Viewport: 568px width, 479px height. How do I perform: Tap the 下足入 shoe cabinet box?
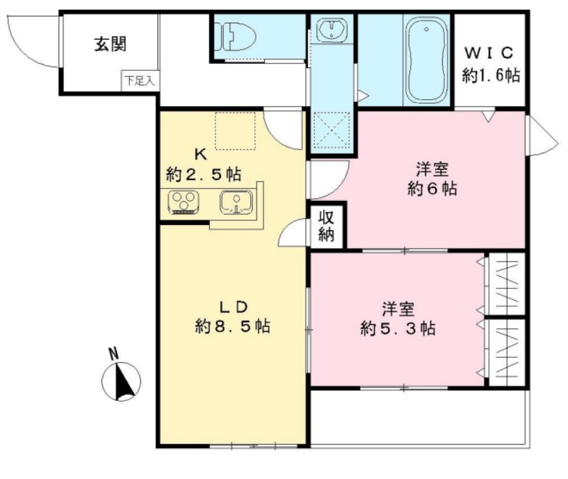(x=140, y=81)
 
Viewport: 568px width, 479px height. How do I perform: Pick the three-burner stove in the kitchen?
(x=184, y=202)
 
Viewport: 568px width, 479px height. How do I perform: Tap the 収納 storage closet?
(x=327, y=225)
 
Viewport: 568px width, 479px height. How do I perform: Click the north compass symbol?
(x=122, y=381)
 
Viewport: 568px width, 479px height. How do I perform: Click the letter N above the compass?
(x=114, y=354)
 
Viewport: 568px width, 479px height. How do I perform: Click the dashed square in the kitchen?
(x=235, y=130)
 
